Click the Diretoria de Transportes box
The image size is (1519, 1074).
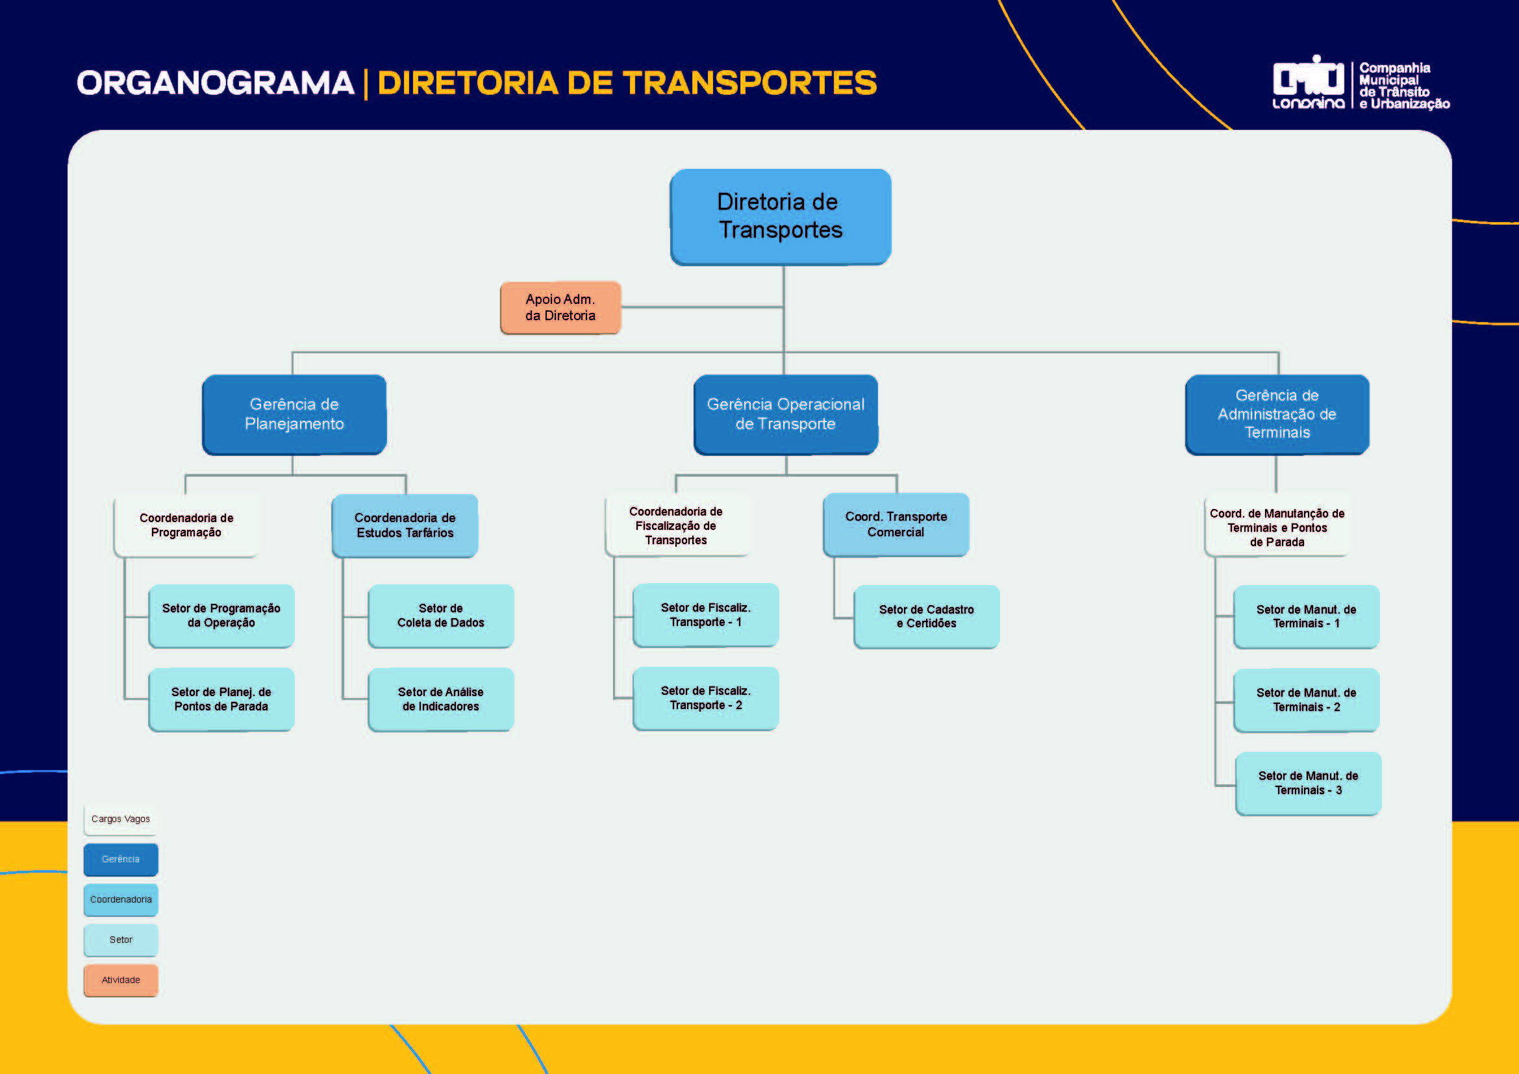(781, 216)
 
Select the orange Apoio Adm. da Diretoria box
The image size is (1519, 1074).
(560, 308)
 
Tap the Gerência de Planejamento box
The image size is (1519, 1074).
(294, 415)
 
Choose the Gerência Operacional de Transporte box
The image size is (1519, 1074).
(785, 415)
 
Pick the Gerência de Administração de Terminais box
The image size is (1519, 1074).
(1277, 415)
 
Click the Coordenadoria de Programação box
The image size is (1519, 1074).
(186, 526)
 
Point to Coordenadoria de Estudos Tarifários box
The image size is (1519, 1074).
(405, 526)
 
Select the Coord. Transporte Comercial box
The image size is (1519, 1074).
(896, 525)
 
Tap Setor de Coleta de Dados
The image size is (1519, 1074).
(440, 616)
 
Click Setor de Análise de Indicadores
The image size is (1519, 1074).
(440, 699)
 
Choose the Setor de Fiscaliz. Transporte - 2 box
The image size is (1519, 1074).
(706, 699)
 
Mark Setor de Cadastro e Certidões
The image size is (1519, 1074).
(926, 616)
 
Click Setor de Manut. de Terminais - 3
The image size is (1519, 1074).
(1308, 783)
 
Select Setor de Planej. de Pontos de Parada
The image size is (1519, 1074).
(221, 699)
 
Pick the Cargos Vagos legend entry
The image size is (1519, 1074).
(120, 819)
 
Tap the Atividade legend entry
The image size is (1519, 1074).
(120, 980)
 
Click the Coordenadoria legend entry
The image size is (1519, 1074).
(120, 899)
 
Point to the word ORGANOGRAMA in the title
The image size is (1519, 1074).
(216, 83)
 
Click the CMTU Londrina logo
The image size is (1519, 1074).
(1308, 82)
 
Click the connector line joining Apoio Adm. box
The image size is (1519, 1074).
(701, 307)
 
